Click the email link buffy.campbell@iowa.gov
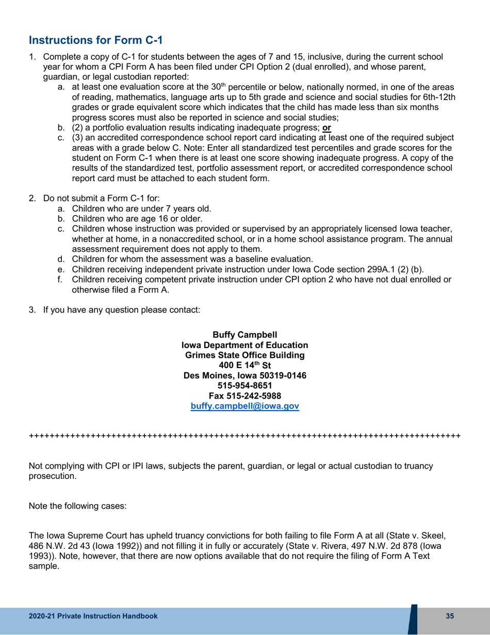coord(245,406)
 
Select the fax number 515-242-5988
coord(245,396)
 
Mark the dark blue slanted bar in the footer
coord(413,619)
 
